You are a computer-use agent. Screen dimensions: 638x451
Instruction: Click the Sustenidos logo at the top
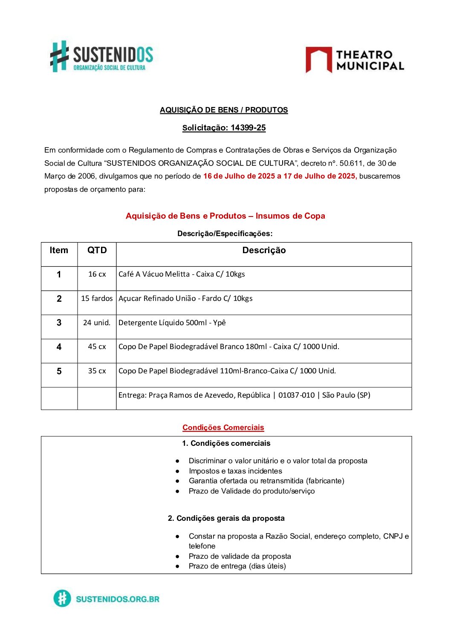click(x=101, y=56)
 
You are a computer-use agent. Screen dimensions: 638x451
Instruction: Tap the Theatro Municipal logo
click(x=355, y=60)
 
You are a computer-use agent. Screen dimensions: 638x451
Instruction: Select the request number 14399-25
click(x=248, y=128)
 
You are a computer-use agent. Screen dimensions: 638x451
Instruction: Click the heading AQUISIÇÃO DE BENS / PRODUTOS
click(x=224, y=110)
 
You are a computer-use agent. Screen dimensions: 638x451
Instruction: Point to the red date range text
click(x=280, y=176)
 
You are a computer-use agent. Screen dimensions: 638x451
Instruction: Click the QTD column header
click(x=97, y=250)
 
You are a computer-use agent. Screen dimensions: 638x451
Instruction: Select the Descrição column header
click(x=264, y=250)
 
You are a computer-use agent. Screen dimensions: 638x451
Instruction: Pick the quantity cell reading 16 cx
click(x=97, y=274)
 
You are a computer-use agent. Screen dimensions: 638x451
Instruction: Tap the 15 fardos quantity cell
click(x=97, y=298)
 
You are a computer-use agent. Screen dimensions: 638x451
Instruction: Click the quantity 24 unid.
click(x=97, y=323)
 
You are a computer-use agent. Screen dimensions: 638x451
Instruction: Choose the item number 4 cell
click(x=59, y=347)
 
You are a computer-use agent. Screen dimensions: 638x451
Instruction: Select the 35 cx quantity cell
click(x=97, y=371)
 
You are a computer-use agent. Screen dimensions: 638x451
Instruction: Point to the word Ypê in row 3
click(x=219, y=323)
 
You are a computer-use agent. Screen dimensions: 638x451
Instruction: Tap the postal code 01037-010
click(x=296, y=395)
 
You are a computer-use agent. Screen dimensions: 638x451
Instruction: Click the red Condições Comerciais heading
click(x=223, y=427)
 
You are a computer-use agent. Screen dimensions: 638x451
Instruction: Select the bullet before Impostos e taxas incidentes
click(x=177, y=471)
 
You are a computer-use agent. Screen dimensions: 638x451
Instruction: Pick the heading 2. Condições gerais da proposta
click(x=226, y=518)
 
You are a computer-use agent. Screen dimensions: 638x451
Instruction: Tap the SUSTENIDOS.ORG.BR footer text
click(x=117, y=599)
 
